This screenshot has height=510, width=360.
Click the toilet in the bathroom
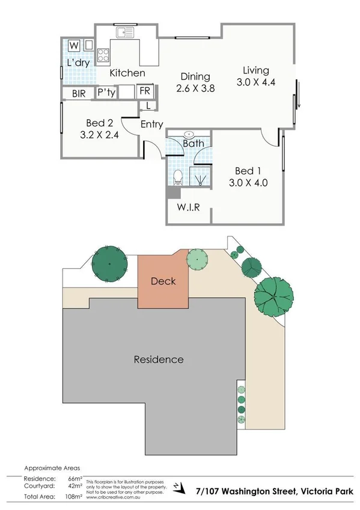coord(177,177)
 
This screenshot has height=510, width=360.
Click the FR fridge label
coord(144,91)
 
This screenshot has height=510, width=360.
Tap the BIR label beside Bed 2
coord(79,93)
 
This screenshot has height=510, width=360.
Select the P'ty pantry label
coord(106,93)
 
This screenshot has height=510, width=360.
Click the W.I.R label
coord(188,207)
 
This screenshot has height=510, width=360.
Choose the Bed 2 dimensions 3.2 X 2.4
coord(99,135)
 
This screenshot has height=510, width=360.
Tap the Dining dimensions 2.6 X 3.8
coord(196,88)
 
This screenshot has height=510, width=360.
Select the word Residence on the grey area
coord(158,360)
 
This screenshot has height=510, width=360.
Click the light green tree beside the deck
coord(198,259)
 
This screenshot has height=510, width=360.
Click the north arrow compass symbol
coord(175,485)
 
